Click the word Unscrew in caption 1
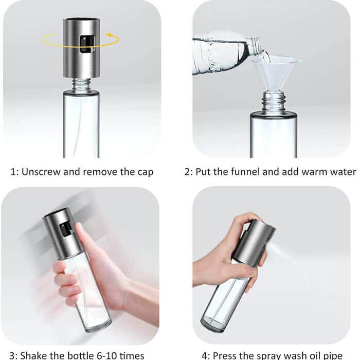click(x=42, y=172)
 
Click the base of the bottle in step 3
click(x=97, y=321)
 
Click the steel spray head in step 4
click(x=252, y=242)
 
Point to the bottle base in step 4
click(x=218, y=324)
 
